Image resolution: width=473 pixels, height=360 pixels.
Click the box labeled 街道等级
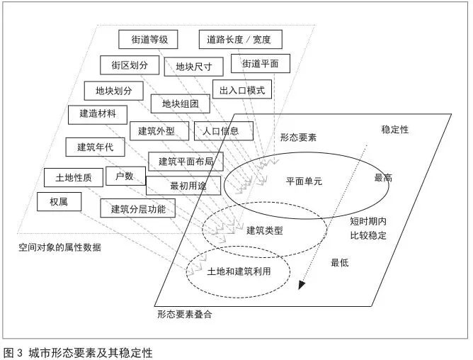point(144,39)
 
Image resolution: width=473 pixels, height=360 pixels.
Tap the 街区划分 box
point(130,65)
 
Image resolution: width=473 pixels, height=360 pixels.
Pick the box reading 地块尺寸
point(194,67)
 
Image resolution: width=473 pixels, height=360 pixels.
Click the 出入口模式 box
point(242,91)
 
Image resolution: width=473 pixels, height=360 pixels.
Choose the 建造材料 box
point(98,113)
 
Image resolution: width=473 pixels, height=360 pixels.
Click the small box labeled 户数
point(125,176)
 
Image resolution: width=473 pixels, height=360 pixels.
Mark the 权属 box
point(58,201)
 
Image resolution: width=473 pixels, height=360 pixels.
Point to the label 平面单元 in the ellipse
point(304,181)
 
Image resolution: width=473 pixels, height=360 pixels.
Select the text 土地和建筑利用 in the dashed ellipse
point(239,271)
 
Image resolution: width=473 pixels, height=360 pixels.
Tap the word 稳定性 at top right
point(394,130)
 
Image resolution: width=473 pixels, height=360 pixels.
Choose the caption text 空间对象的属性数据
point(60,247)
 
